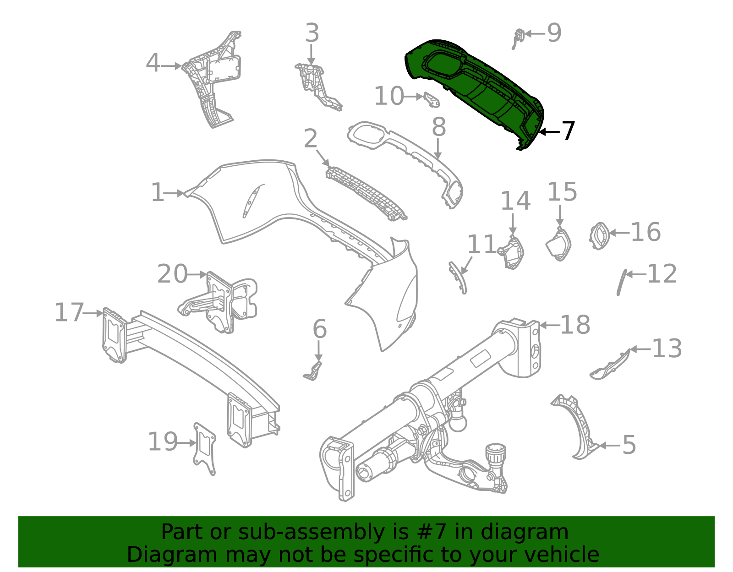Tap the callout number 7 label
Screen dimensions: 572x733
point(568,131)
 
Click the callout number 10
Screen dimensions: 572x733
point(389,97)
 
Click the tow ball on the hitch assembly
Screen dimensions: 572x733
point(458,421)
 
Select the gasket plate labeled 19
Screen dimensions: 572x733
point(204,449)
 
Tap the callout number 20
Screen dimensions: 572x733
point(172,274)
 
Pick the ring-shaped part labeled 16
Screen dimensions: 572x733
point(599,236)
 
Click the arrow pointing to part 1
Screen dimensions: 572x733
point(175,193)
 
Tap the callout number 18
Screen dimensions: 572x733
point(575,325)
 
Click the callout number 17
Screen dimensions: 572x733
point(69,313)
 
